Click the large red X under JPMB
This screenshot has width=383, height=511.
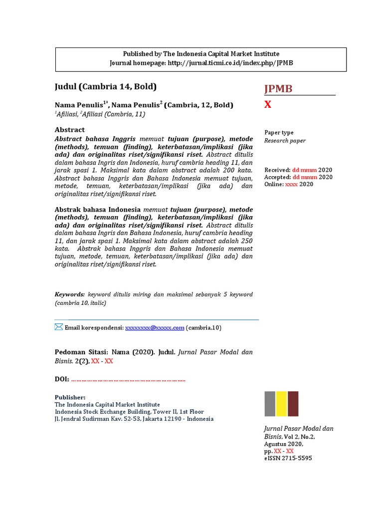click(x=268, y=104)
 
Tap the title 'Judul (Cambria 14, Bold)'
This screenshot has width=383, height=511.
click(x=105, y=86)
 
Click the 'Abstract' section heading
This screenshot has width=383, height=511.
click(x=69, y=130)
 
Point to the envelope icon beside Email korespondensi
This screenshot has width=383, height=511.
click(x=59, y=327)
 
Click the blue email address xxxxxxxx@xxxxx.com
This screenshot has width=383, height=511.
click(x=155, y=328)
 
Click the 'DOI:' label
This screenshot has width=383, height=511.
click(x=62, y=380)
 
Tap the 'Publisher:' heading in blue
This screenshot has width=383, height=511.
click(x=70, y=397)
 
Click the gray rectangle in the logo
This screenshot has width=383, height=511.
click(x=269, y=404)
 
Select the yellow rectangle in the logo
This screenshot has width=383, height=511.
click(x=281, y=404)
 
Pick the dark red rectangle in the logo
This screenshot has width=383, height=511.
click(x=293, y=404)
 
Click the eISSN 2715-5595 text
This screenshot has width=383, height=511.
click(x=288, y=458)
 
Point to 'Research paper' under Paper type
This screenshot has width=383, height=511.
click(x=285, y=141)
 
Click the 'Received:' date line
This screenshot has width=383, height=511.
click(x=298, y=170)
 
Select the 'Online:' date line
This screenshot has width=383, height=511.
click(x=289, y=184)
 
